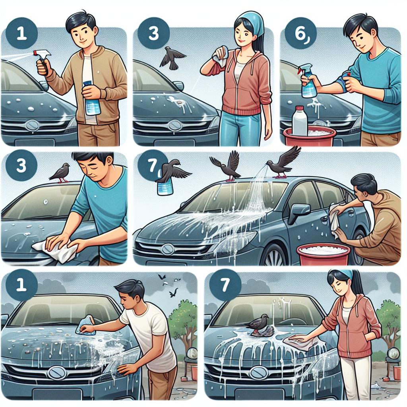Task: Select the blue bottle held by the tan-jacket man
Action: point(91,99)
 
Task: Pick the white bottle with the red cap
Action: point(300,121)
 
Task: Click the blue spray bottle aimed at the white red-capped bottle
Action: point(308,80)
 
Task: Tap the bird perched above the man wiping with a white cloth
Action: point(60,172)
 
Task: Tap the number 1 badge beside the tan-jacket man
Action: point(22,34)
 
